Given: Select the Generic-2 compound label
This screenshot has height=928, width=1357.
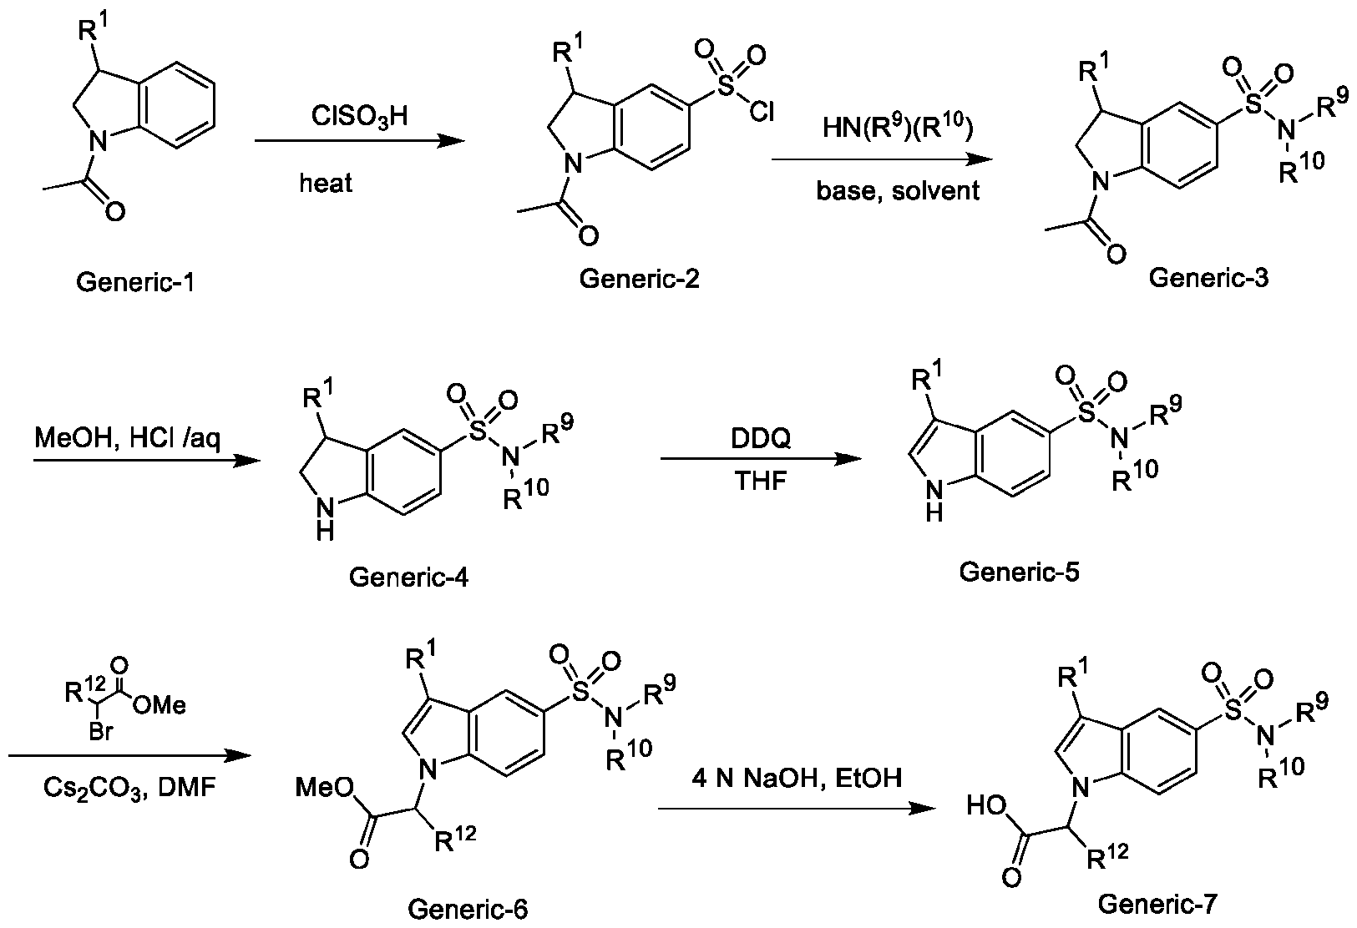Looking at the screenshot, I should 640,278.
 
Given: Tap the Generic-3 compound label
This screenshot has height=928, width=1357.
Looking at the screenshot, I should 1208,277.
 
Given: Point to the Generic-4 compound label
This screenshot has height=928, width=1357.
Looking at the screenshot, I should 408,576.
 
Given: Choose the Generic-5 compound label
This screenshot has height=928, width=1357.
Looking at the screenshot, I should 1019,572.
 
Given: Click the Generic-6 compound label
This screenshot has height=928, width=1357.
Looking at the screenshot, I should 468,908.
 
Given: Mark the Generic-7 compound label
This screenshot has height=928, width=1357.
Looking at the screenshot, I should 1158,903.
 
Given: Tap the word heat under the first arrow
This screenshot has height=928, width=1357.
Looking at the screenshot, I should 327,183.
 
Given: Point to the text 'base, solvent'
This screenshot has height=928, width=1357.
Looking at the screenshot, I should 898,190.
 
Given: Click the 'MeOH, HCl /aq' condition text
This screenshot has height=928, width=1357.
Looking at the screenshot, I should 128,437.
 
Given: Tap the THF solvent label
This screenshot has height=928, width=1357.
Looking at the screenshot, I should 762,482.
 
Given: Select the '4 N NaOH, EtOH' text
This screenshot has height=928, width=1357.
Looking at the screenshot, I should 797,779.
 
